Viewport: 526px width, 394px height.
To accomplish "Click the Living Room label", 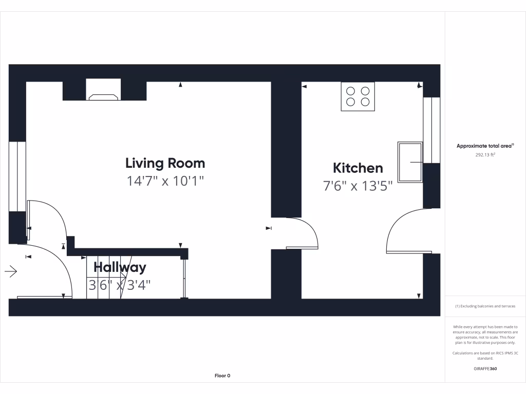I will tap(165, 163).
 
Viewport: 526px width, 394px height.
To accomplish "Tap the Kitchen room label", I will tap(358, 168).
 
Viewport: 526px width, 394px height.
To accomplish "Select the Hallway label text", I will tap(120, 267).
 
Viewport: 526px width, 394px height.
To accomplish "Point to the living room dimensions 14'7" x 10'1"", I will tap(165, 181).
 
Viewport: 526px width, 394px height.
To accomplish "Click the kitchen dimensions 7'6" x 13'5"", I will tap(358, 186).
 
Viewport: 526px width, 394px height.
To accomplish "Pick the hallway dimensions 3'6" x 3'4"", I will tap(120, 285).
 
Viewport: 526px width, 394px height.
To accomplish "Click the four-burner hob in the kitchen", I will tap(358, 96).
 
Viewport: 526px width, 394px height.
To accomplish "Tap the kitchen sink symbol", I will tap(410, 162).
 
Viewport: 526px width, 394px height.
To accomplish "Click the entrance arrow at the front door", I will tap(11, 271).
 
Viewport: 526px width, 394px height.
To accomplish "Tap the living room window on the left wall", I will tap(18, 175).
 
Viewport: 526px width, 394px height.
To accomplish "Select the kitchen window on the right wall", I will tap(431, 130).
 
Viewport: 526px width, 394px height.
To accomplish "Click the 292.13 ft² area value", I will tap(485, 154).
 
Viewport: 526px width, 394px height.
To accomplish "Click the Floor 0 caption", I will tap(222, 376).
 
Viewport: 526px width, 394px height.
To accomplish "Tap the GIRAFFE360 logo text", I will tap(485, 368).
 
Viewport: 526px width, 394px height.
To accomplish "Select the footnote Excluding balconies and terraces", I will tap(485, 306).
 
